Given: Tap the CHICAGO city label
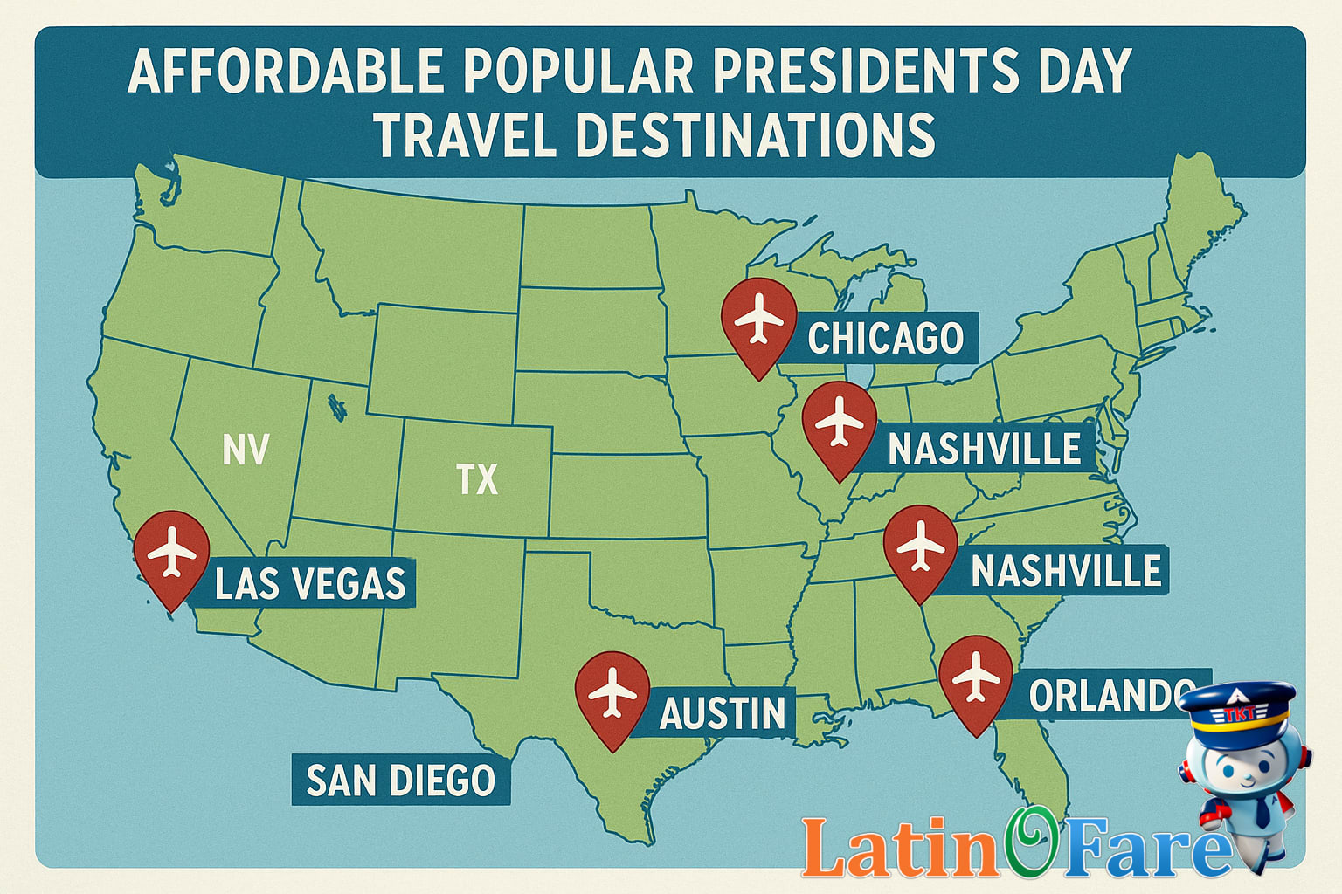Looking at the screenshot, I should pyautogui.click(x=885, y=339).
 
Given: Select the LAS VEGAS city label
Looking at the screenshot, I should pyautogui.click(x=310, y=583).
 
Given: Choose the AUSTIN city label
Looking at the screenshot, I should pyautogui.click(x=723, y=713).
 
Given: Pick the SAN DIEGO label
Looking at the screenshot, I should pyautogui.click(x=400, y=780).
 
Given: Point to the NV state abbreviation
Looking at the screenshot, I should pyautogui.click(x=246, y=450).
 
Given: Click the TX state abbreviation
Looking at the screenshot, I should pyautogui.click(x=477, y=479).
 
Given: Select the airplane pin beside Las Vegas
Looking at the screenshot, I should pyautogui.click(x=172, y=553).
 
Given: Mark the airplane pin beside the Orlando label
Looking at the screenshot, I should pyautogui.click(x=976, y=677).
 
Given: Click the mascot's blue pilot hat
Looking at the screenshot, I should pyautogui.click(x=1239, y=707).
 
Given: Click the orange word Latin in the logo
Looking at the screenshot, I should pyautogui.click(x=900, y=847).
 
